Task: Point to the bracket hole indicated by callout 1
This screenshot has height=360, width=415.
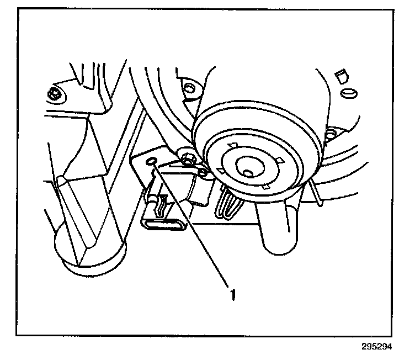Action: point(153,161)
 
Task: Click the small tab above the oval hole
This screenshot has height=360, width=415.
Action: point(340,73)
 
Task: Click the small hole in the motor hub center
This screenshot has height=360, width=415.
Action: point(248,173)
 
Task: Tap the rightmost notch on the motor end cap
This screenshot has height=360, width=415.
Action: point(280,161)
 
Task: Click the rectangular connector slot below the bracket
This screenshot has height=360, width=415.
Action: point(164,224)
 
